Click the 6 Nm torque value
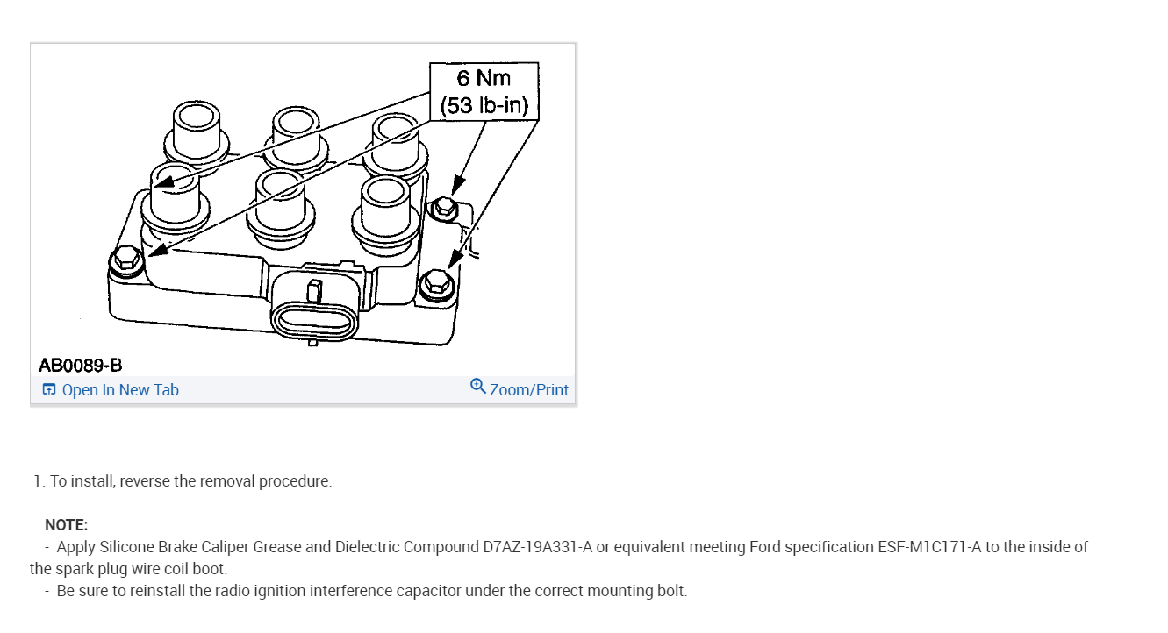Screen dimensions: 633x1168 tap(484, 78)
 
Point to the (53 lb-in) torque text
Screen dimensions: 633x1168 tap(484, 107)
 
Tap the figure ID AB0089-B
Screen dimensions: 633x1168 tap(80, 365)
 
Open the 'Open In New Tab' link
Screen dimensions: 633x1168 tap(120, 390)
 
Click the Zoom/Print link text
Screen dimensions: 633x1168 tap(529, 390)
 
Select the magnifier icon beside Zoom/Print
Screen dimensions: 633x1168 tap(478, 386)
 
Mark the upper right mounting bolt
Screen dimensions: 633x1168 tap(444, 207)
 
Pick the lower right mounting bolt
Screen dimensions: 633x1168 tap(435, 283)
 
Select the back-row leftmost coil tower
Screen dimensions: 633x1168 tap(197, 127)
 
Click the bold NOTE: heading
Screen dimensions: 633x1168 tap(66, 525)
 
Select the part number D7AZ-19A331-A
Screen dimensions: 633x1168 tap(538, 547)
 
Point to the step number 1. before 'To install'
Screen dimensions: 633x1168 tap(39, 481)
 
